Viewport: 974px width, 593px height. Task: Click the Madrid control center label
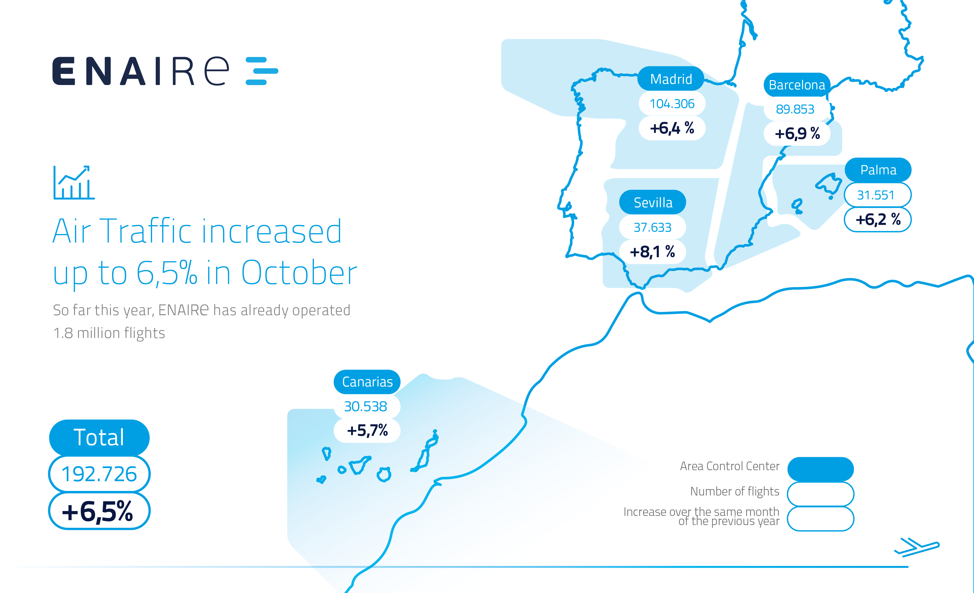click(x=671, y=79)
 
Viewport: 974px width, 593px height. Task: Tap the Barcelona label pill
click(x=797, y=85)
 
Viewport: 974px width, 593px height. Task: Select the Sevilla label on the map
click(x=652, y=202)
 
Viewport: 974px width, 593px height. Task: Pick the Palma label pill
click(x=878, y=170)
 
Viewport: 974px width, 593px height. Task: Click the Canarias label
click(x=367, y=382)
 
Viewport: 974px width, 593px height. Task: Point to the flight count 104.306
click(x=672, y=104)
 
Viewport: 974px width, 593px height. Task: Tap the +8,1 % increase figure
click(x=652, y=251)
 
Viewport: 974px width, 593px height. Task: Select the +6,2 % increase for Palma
click(x=878, y=219)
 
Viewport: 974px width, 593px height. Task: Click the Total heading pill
click(x=99, y=437)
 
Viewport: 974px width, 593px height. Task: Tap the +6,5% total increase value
click(x=98, y=511)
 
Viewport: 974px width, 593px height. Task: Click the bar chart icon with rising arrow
click(x=74, y=183)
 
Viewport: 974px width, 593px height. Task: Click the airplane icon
click(x=917, y=547)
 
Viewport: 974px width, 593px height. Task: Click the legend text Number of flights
click(x=734, y=492)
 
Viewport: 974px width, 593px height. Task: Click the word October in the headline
click(x=299, y=272)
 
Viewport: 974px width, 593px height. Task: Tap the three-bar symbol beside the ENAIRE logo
click(x=262, y=71)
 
